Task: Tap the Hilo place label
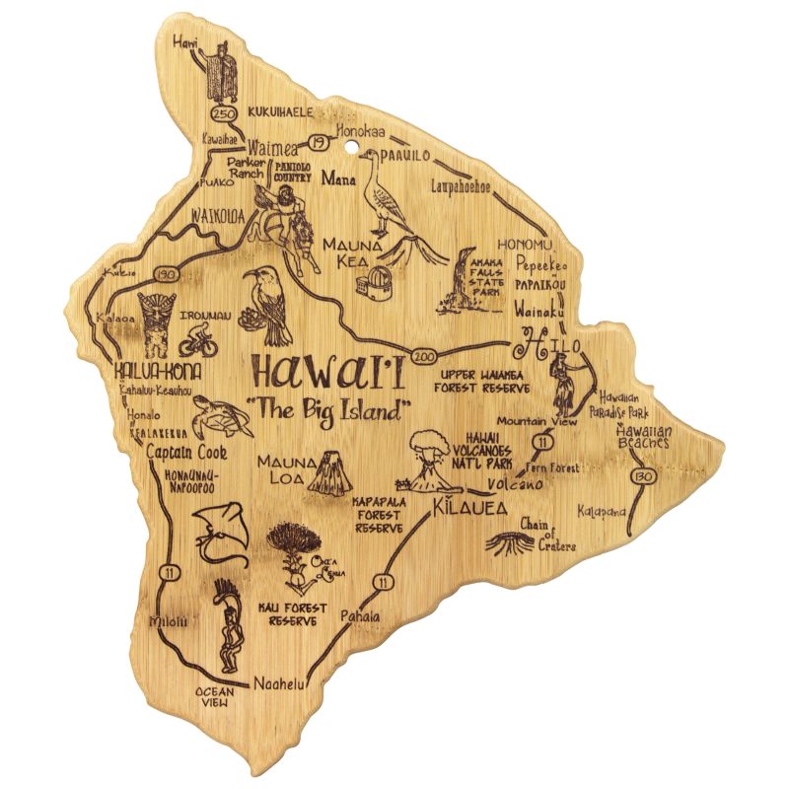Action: click(x=545, y=346)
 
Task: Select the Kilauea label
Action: click(x=468, y=509)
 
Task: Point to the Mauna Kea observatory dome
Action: click(x=374, y=286)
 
